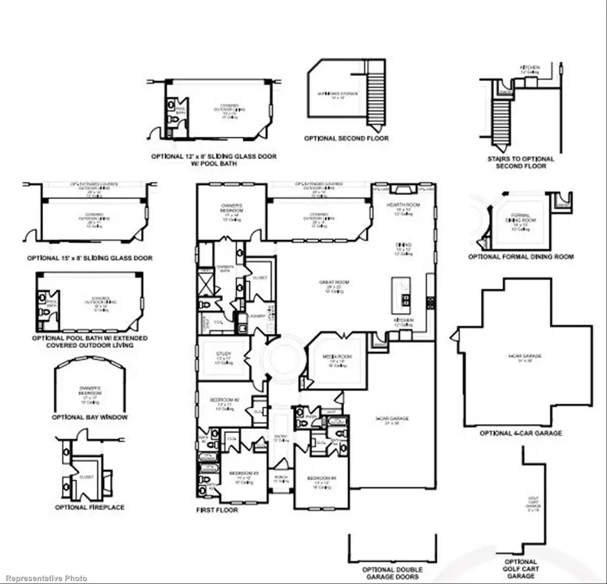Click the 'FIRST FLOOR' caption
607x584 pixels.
point(217,510)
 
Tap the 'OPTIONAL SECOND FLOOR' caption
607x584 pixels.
point(346,138)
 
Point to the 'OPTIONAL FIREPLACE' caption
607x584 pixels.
point(90,506)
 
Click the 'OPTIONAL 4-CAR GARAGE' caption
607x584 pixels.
point(520,433)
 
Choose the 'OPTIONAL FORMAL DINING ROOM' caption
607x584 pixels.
point(521,257)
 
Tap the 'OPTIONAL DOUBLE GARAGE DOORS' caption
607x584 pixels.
point(391,573)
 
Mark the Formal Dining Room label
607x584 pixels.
point(519,221)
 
